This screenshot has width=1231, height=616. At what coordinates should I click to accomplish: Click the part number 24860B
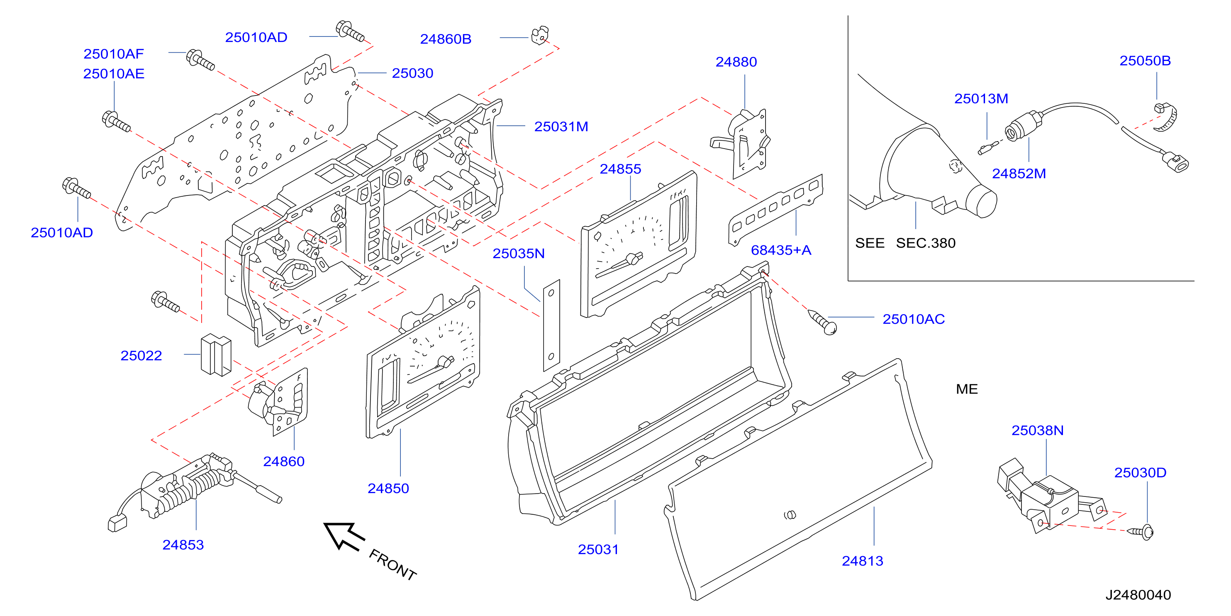(x=445, y=39)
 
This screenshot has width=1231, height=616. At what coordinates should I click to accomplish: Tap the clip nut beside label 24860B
(x=540, y=35)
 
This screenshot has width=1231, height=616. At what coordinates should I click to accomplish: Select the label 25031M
(x=561, y=126)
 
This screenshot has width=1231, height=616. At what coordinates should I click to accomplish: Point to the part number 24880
(x=736, y=62)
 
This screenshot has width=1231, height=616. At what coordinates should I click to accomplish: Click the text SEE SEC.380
(x=905, y=243)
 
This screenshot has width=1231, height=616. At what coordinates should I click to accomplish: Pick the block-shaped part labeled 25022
(x=216, y=354)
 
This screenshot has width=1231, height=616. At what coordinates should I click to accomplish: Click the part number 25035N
(x=519, y=253)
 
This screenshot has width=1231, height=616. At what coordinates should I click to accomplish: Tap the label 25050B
(x=1145, y=61)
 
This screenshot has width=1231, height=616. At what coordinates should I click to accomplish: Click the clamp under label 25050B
(x=1165, y=117)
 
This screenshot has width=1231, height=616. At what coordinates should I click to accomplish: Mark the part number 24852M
(x=1019, y=173)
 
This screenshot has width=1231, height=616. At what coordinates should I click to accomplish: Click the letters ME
(x=967, y=389)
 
